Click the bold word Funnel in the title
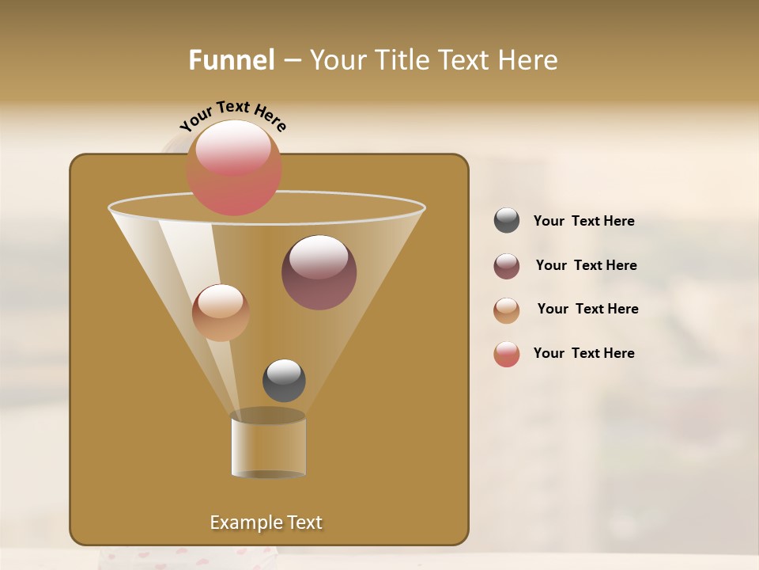coord(232,60)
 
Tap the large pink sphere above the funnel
coord(234,167)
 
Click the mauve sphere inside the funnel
coord(319,272)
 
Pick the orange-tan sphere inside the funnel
coord(221,313)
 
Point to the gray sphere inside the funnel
coord(284,380)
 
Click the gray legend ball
coord(507,220)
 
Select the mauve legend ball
coord(507,266)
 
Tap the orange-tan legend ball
coord(507,310)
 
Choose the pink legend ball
coord(507,354)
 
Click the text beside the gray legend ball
coord(583,221)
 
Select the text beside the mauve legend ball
coord(586,265)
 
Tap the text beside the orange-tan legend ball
coord(587,309)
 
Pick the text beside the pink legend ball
coord(583,353)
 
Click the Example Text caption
coord(266,522)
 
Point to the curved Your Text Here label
coord(232,115)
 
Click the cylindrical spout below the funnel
coord(268,446)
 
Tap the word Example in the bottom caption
coord(245,522)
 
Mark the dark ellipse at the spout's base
coord(268,474)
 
